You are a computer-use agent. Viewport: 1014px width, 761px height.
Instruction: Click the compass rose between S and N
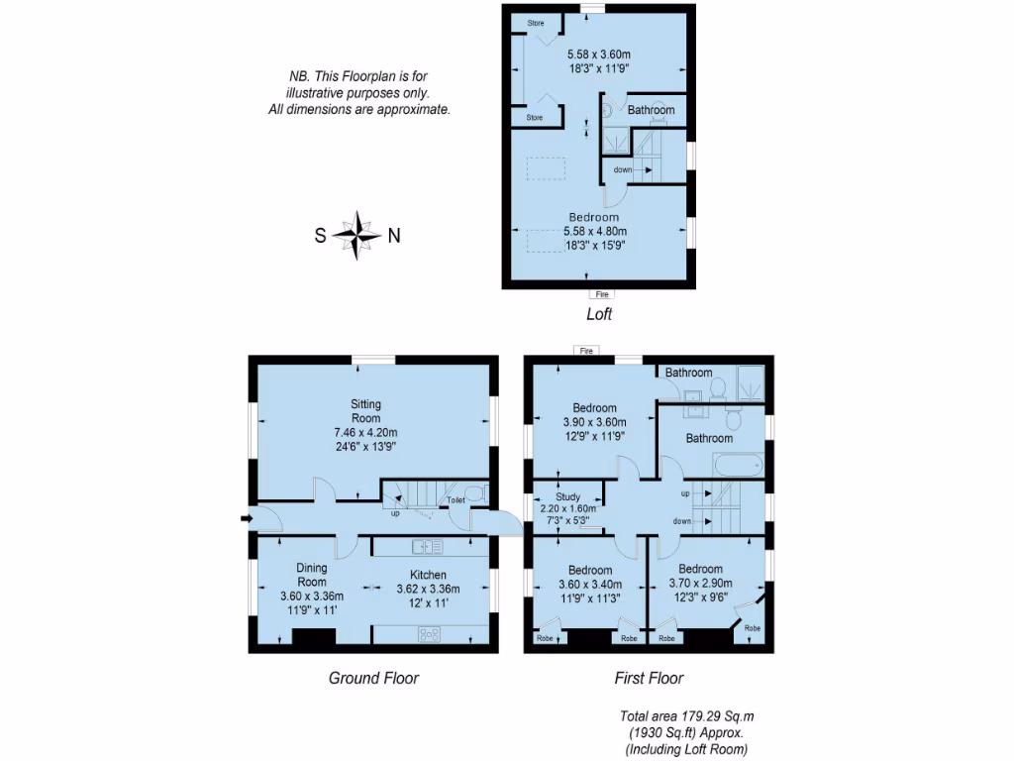(x=356, y=235)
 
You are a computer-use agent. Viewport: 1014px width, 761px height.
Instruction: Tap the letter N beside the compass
(x=393, y=236)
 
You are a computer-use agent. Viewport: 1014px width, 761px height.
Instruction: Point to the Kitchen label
(x=428, y=575)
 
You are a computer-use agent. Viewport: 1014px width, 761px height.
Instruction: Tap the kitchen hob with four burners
(x=430, y=633)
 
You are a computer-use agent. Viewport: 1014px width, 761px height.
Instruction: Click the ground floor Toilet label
(x=456, y=500)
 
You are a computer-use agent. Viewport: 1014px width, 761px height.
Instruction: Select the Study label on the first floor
(x=567, y=496)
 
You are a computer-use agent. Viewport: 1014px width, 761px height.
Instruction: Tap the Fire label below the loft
(x=600, y=294)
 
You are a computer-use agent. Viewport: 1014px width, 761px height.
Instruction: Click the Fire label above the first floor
(x=586, y=351)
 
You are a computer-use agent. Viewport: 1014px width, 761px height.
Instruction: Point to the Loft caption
(x=598, y=315)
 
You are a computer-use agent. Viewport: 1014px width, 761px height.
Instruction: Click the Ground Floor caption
(x=373, y=678)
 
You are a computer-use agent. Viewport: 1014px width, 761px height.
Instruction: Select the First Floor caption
(x=649, y=678)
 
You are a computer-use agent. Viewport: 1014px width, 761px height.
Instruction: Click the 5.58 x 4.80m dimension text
(x=594, y=231)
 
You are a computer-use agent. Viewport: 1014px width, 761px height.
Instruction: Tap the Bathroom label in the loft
(x=651, y=110)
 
